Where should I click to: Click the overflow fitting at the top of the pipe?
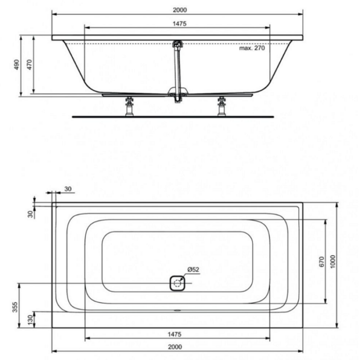177,45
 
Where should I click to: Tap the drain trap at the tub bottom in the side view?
177,94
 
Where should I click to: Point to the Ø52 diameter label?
193,269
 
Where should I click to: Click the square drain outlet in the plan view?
177,282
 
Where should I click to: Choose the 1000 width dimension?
333,261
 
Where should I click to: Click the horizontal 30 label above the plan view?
68,189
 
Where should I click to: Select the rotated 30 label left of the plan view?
30,212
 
